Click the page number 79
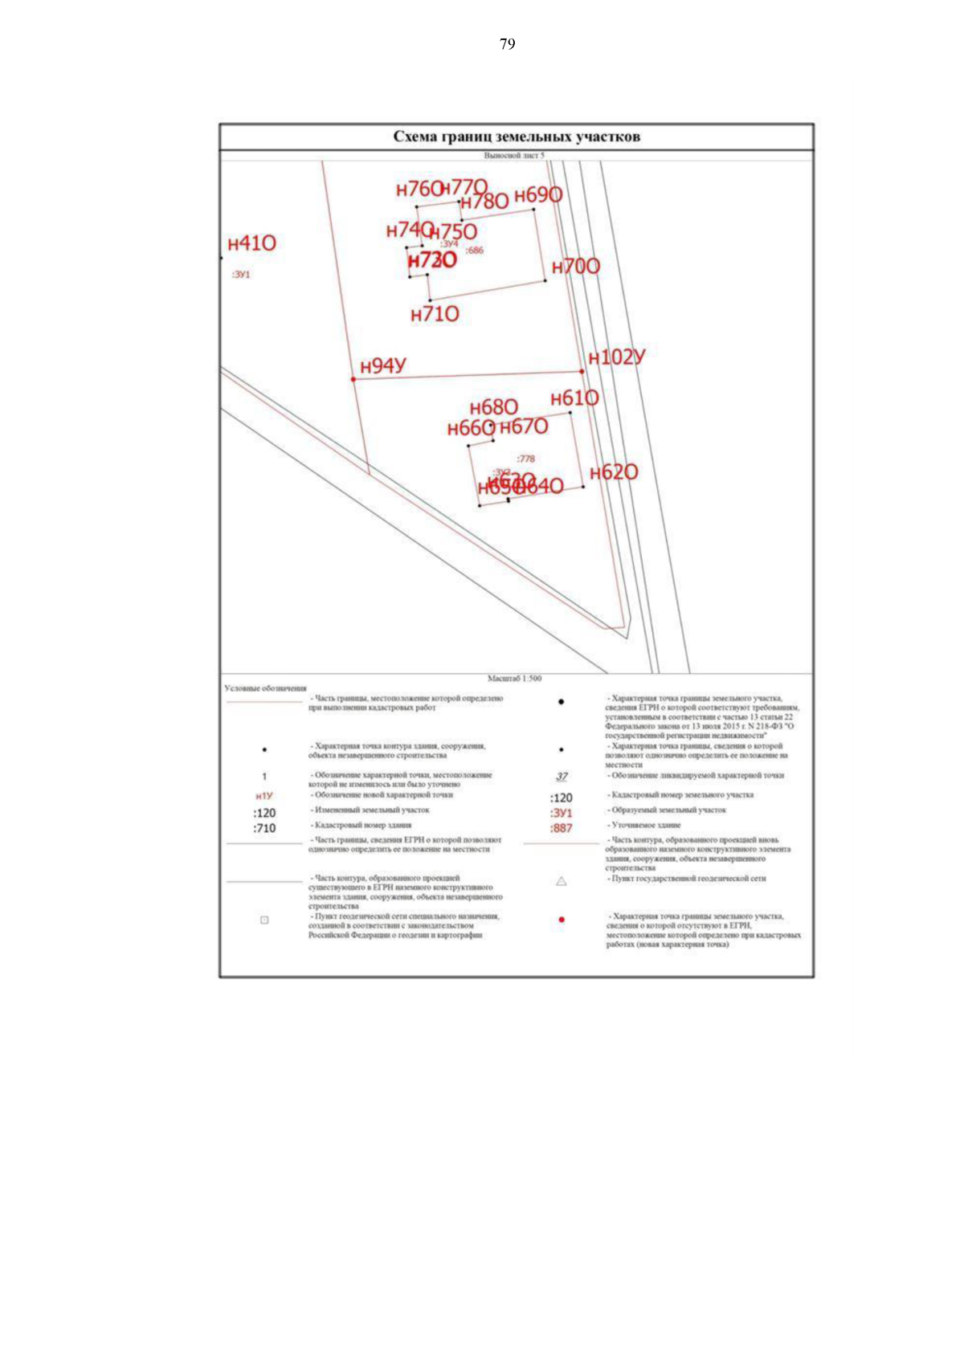507,44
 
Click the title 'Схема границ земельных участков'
517,137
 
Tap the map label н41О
251,243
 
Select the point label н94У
383,366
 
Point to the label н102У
616,357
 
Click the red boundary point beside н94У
353,379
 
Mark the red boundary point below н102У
582,371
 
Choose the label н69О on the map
537,195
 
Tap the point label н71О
435,314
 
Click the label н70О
575,267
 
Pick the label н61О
574,398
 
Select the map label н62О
614,472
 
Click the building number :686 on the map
475,251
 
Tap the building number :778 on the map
525,459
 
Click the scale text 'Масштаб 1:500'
514,679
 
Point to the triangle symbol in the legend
561,881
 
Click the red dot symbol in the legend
561,920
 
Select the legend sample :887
561,828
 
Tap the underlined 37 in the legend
561,777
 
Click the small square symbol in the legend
264,920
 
